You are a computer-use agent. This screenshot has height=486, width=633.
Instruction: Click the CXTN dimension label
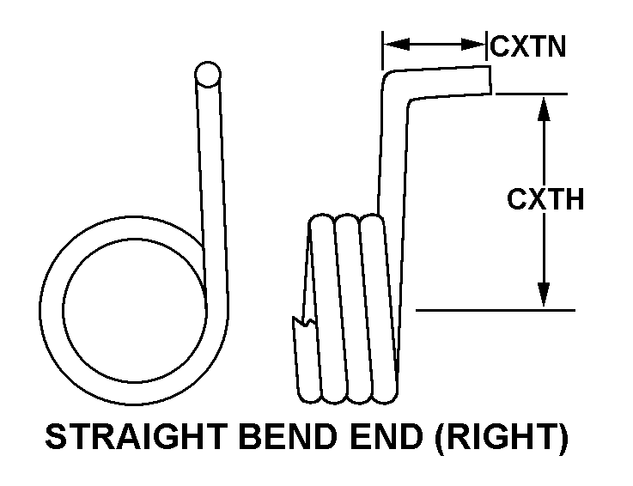tap(527, 46)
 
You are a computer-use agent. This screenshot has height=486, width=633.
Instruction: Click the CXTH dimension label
tap(545, 200)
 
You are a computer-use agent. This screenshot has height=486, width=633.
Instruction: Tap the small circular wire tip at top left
tap(206, 75)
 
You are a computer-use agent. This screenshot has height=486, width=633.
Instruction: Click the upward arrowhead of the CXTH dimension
tap(543, 107)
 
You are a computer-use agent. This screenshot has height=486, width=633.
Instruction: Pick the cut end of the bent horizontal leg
tap(489, 81)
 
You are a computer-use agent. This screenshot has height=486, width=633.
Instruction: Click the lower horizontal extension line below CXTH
tap(494, 309)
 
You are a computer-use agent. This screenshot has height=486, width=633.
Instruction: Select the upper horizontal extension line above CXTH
tap(533, 93)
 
